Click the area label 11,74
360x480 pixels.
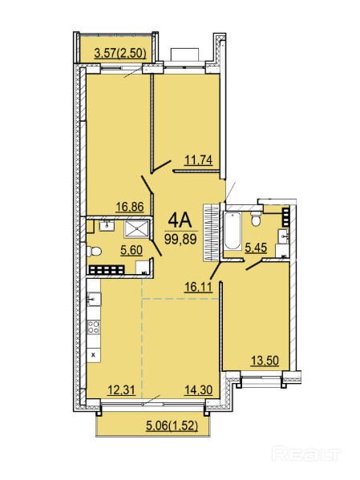click(199, 160)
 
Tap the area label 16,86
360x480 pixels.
click(130, 207)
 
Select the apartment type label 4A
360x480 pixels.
click(180, 220)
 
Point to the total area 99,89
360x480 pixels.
click(180, 239)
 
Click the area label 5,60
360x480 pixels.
click(131, 250)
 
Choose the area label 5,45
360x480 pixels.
click(256, 248)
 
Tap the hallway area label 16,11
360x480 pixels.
click(198, 287)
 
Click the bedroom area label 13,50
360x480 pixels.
click(265, 361)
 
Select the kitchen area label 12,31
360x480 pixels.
click(121, 389)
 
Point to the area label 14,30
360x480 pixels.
click(199, 389)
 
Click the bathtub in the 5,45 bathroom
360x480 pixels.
click(233, 231)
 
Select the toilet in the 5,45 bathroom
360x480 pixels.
click(255, 219)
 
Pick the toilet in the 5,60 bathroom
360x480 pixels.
click(94, 252)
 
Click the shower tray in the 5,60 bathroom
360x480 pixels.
click(136, 228)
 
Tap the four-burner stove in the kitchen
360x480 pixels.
click(94, 327)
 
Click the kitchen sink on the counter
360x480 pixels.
click(94, 300)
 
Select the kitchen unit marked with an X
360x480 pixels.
click(94, 356)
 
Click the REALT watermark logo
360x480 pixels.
click(306, 454)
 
